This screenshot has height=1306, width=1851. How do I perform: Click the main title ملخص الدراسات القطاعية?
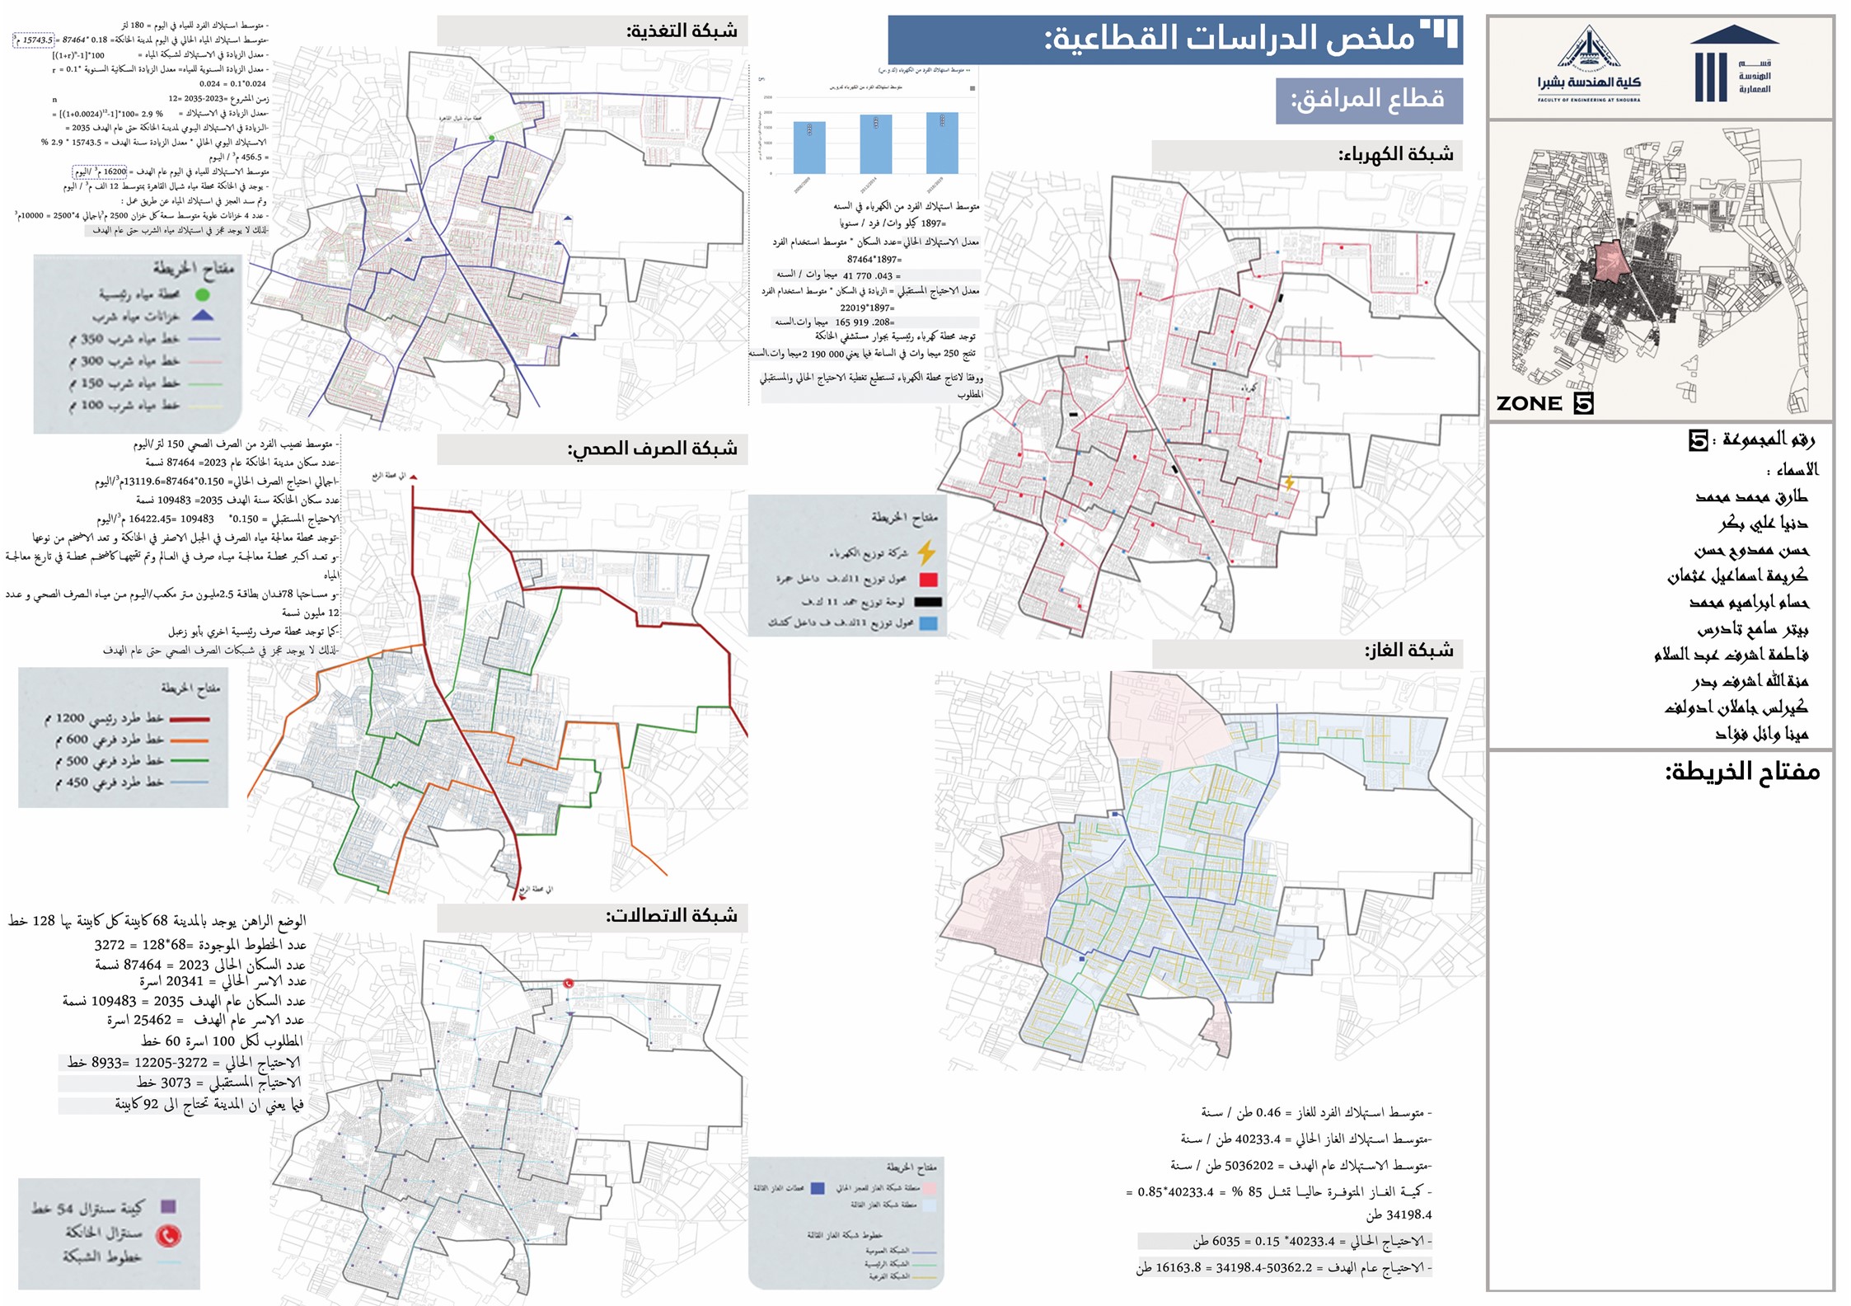click(1228, 39)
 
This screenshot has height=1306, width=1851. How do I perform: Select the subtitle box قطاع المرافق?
click(1368, 100)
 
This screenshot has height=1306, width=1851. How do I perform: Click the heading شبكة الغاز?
click(1408, 651)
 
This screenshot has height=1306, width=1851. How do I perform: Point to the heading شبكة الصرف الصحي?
click(652, 449)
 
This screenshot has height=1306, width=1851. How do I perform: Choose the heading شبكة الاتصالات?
click(672, 916)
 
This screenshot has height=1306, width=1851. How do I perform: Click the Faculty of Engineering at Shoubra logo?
click(1588, 66)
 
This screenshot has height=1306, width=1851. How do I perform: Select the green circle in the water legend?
click(203, 294)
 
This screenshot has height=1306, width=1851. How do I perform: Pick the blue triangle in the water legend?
click(203, 316)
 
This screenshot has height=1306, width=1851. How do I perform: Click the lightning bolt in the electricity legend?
click(927, 552)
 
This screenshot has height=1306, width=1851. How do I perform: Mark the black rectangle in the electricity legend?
click(928, 602)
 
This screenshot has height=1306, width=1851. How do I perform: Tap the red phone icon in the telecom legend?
click(168, 1235)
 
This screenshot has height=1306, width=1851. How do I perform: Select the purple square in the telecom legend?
click(168, 1207)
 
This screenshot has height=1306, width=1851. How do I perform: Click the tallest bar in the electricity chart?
click(942, 143)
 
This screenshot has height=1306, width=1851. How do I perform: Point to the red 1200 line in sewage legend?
click(189, 719)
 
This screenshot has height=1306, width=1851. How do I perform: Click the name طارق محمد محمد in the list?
click(1751, 496)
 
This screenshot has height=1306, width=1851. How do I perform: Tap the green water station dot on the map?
click(492, 139)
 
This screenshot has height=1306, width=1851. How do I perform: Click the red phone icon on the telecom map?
click(568, 984)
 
